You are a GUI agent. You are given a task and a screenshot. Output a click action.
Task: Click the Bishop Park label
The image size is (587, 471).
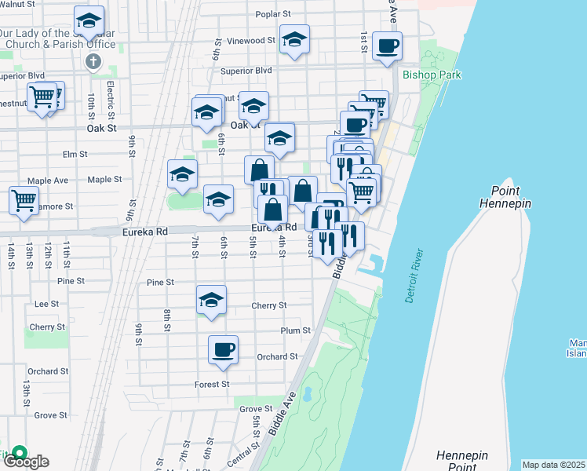(x=431, y=75)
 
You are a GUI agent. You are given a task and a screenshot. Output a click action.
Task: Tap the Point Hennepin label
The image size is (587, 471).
(x=511, y=197)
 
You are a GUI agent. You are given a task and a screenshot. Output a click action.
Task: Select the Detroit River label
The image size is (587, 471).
(x=413, y=276)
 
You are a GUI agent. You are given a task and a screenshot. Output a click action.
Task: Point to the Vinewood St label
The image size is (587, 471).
(x=250, y=40)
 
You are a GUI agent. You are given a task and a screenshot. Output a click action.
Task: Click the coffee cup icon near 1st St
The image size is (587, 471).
(x=386, y=46)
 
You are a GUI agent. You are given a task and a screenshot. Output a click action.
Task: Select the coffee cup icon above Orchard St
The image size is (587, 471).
(x=223, y=349)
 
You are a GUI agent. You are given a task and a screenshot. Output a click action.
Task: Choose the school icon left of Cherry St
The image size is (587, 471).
(x=211, y=300)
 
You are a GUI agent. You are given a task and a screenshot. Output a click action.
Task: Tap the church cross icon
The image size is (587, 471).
(x=93, y=61)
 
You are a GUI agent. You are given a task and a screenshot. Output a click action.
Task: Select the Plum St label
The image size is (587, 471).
(x=296, y=330)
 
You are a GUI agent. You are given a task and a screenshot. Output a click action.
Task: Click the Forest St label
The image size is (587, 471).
(x=212, y=384)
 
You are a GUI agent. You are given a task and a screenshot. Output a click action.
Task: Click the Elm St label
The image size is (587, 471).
(x=75, y=155)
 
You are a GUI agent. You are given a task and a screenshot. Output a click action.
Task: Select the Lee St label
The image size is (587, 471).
(x=47, y=303)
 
